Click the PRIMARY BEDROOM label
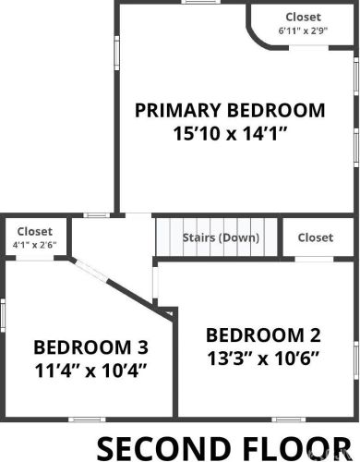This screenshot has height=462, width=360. (x=230, y=110)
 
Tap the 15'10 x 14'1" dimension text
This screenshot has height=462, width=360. (x=230, y=134)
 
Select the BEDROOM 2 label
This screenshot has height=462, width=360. (x=263, y=335)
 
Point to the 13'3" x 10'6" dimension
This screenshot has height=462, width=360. (x=263, y=359)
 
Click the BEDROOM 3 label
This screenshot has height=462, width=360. (x=91, y=347)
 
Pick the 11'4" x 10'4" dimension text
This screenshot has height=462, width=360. (x=90, y=371)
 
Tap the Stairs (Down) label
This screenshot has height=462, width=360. (x=221, y=237)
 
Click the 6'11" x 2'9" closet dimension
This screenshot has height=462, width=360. (x=303, y=30)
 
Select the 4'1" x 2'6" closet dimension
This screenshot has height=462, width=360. (x=34, y=245)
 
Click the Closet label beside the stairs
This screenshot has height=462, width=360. (x=316, y=237)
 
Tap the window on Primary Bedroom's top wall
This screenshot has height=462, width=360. (x=201, y=2)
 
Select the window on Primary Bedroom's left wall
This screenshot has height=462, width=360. (x=117, y=53)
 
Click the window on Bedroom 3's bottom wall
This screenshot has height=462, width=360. (x=87, y=419)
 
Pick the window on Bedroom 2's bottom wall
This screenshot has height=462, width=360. (x=289, y=419)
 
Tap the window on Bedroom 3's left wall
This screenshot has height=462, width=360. (x=3, y=315)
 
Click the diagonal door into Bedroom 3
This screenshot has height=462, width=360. (x=91, y=271)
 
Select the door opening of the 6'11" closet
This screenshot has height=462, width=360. (x=308, y=48)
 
